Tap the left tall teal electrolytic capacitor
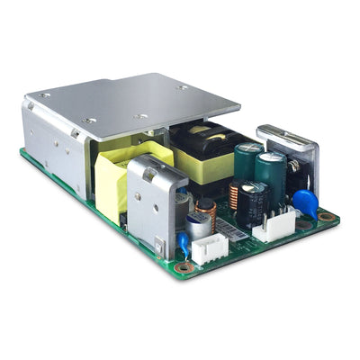[x=247, y=163]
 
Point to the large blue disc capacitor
[x=305, y=202]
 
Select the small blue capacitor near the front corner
[x=183, y=241]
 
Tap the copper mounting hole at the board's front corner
[x=184, y=266]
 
